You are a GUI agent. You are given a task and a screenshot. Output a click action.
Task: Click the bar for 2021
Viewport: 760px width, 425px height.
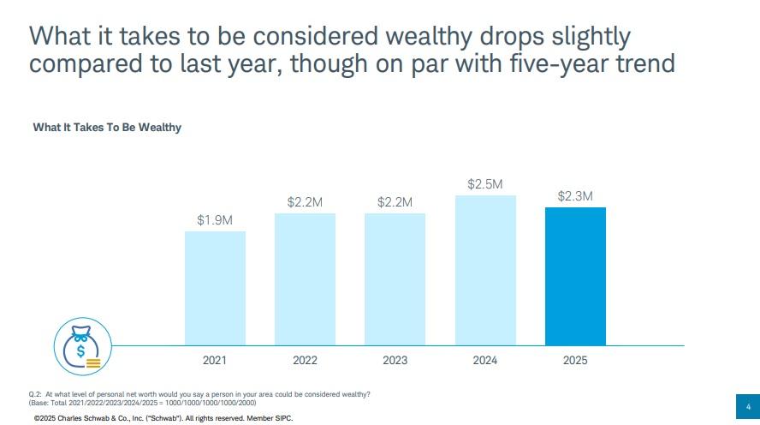(x=215, y=288)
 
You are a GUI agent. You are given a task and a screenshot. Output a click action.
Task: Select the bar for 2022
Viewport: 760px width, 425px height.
(x=305, y=279)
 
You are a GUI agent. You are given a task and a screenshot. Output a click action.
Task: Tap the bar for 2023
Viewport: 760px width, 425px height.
(x=395, y=279)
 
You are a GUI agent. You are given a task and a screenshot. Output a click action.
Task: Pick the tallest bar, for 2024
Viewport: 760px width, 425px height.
(x=485, y=270)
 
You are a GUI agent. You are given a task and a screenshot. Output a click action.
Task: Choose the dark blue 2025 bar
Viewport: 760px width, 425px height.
(x=575, y=276)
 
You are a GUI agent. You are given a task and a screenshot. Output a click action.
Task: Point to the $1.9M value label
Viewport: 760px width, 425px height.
(x=215, y=220)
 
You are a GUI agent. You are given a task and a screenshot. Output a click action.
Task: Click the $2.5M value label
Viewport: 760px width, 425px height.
(x=485, y=184)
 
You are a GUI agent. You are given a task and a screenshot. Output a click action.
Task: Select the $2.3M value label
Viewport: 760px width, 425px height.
(x=575, y=196)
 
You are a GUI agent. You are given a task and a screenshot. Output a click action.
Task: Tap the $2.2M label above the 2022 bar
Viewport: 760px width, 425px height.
(x=305, y=202)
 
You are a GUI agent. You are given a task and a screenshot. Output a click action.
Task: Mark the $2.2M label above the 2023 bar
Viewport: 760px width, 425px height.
(x=395, y=202)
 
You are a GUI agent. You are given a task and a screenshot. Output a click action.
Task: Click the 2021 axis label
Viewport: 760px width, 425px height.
(x=215, y=361)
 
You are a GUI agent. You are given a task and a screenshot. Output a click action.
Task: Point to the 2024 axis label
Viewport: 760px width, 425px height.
(x=485, y=361)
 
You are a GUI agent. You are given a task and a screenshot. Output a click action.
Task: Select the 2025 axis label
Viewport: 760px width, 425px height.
(x=575, y=361)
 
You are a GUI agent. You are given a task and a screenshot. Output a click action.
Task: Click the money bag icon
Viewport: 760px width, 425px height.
(x=83, y=347)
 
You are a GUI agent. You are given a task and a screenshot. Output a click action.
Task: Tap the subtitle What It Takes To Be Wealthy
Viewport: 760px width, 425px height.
(x=107, y=128)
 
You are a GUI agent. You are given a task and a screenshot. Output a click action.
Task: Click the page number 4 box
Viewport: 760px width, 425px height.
(x=748, y=406)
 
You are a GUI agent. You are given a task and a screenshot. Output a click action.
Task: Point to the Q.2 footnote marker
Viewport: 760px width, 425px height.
(x=35, y=393)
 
